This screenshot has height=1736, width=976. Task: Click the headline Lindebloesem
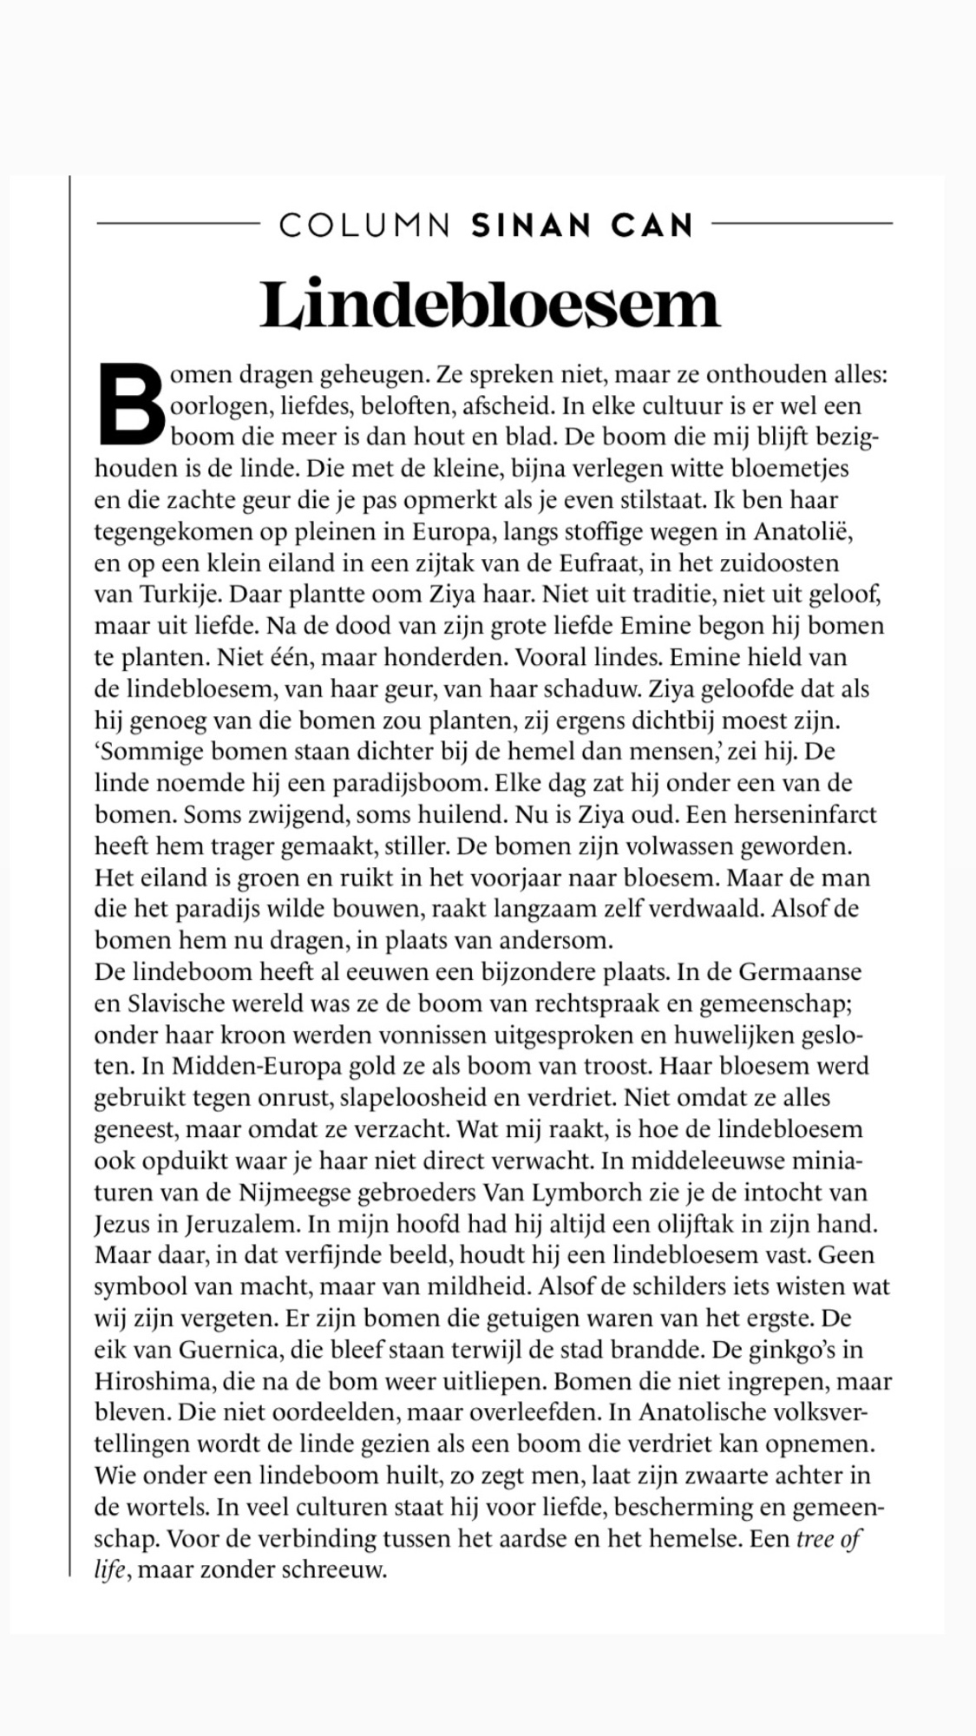[x=489, y=304]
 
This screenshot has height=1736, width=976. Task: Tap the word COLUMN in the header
[x=364, y=226]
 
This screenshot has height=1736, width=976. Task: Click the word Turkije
[x=170, y=595]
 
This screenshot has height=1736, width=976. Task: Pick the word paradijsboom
[x=414, y=783]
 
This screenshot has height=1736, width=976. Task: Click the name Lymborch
[x=594, y=1192]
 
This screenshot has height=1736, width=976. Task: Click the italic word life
[x=110, y=1570]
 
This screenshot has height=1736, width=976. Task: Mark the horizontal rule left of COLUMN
[x=178, y=224]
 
